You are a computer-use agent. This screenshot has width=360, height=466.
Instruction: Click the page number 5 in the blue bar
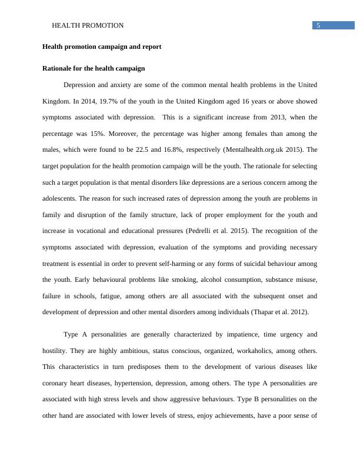(318, 25)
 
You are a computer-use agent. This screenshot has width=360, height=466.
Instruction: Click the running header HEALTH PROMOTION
(88, 25)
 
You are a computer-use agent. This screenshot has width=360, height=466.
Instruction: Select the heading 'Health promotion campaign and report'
(102, 46)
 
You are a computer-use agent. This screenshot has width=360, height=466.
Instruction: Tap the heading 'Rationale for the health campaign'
(94, 69)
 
